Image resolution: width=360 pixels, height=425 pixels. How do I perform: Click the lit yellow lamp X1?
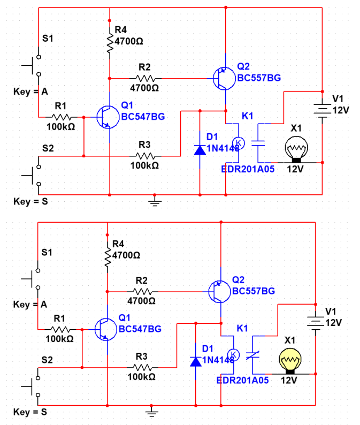tap(290, 360)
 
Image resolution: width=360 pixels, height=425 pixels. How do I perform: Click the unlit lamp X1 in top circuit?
tap(296, 148)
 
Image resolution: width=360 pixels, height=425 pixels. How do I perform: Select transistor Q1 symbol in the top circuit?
tap(108, 117)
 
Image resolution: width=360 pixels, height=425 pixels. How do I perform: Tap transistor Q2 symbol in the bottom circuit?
tap(219, 292)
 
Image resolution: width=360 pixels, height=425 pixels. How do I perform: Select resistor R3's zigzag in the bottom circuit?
tap(142, 368)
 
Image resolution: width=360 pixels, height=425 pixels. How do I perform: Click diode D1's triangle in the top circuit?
tap(200, 150)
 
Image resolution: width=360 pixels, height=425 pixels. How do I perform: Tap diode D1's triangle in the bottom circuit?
tap(196, 362)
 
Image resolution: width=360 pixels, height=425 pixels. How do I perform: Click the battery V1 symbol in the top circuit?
tap(322, 111)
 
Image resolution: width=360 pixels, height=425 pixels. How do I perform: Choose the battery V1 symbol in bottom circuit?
tap(315, 323)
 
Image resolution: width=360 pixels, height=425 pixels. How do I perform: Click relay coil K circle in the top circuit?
tap(239, 143)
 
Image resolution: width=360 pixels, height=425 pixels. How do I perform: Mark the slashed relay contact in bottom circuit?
tap(252, 355)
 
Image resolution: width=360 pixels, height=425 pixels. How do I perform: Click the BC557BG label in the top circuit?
tap(259, 78)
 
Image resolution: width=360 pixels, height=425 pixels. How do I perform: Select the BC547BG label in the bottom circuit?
tap(140, 329)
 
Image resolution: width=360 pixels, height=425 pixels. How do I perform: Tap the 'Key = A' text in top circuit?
tap(30, 92)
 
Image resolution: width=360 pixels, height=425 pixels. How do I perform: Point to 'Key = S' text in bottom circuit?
tap(30, 412)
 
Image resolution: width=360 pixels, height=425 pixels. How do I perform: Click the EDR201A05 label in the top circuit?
tap(248, 169)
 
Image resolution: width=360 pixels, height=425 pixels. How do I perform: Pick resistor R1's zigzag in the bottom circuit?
tap(60, 330)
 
